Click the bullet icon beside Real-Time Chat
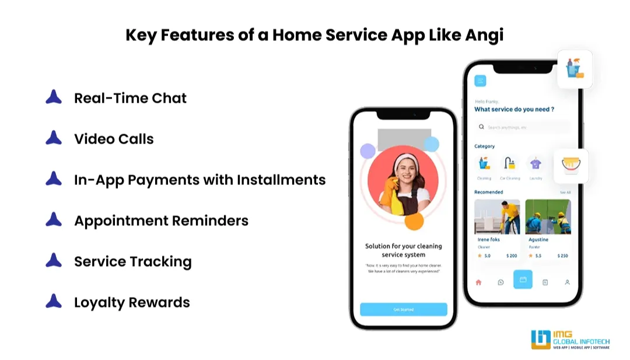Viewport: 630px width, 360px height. pyautogui.click(x=54, y=97)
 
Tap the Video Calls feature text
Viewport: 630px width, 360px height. pyautogui.click(x=114, y=139)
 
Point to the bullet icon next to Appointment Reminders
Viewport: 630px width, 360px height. pyautogui.click(x=54, y=220)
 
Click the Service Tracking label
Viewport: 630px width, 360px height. pyautogui.click(x=132, y=262)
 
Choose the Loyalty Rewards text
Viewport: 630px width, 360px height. pyautogui.click(x=132, y=303)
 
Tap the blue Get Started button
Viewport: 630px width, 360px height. pyautogui.click(x=403, y=309)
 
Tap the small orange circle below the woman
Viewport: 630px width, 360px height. pyautogui.click(x=414, y=221)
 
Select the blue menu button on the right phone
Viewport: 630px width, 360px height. pyautogui.click(x=480, y=81)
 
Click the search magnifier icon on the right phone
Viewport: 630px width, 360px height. pyautogui.click(x=481, y=127)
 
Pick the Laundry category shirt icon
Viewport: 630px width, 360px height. pyautogui.click(x=535, y=163)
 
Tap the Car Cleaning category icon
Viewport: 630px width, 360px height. pyautogui.click(x=510, y=163)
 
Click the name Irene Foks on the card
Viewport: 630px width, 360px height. pyautogui.click(x=488, y=239)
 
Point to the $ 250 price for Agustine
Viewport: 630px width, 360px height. pyautogui.click(x=562, y=256)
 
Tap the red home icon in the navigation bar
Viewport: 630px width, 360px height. pyautogui.click(x=478, y=282)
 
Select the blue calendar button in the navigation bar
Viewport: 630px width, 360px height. pyautogui.click(x=523, y=279)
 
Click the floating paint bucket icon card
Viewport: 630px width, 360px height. pyautogui.click(x=570, y=166)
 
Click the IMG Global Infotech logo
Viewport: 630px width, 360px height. pyautogui.click(x=570, y=339)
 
